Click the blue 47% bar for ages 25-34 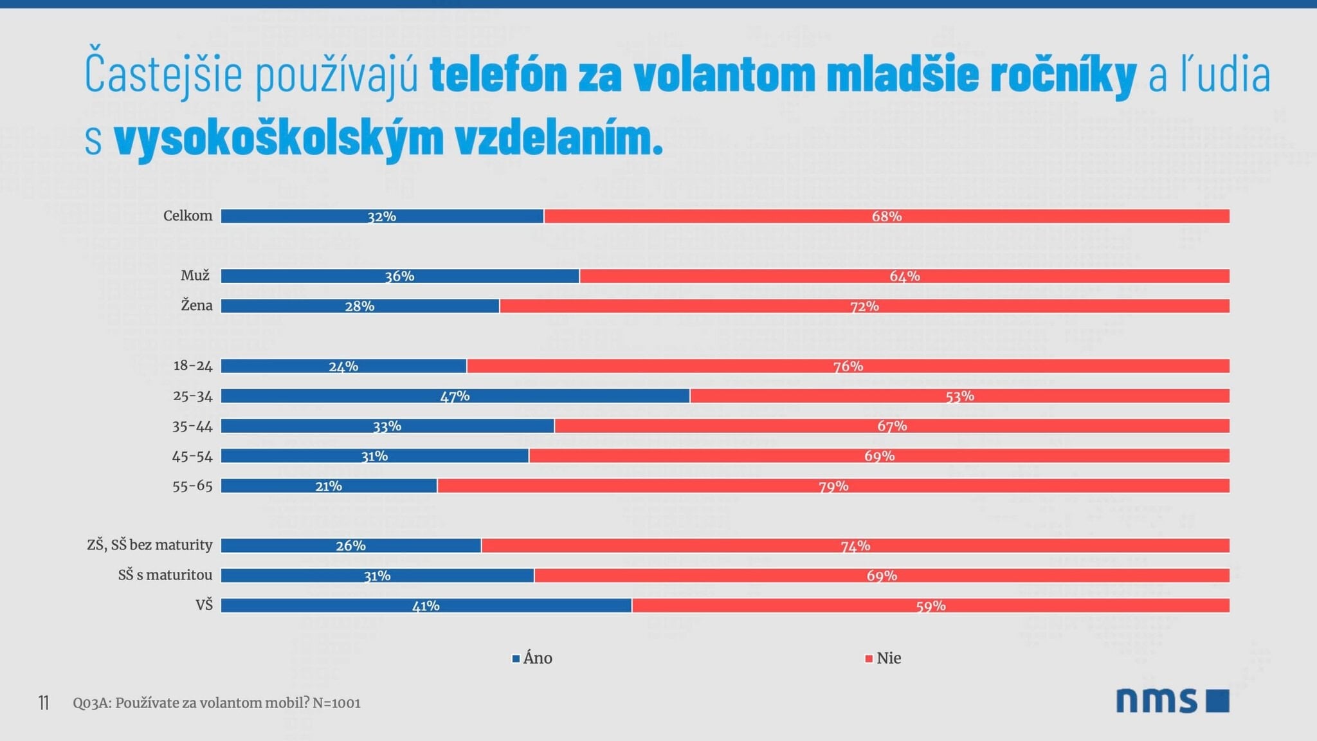[455, 396]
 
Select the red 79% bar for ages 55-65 [833, 486]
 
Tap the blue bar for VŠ [426, 605]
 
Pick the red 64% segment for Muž [904, 276]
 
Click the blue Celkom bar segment [382, 216]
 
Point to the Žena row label [196, 306]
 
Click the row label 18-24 [192, 366]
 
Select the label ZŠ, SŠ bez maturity [149, 545]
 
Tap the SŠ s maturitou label [165, 575]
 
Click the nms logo [1172, 700]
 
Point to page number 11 [44, 703]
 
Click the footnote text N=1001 [336, 703]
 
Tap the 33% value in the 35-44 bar [387, 426]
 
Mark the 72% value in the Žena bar [864, 306]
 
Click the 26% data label [350, 545]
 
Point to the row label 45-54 [192, 456]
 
